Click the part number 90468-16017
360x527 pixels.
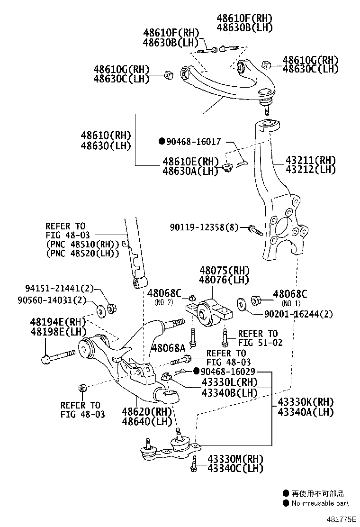coord(195,141)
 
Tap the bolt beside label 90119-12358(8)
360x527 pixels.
coord(255,230)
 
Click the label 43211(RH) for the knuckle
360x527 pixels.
coord(310,160)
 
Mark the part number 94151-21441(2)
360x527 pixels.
coord(60,288)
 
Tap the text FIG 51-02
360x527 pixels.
coord(260,342)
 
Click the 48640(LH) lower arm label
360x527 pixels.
coord(147,421)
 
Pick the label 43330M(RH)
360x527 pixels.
coord(234,459)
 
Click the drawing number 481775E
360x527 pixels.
coord(341,519)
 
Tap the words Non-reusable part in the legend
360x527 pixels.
coord(320,503)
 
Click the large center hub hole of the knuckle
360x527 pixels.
coord(282,227)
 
